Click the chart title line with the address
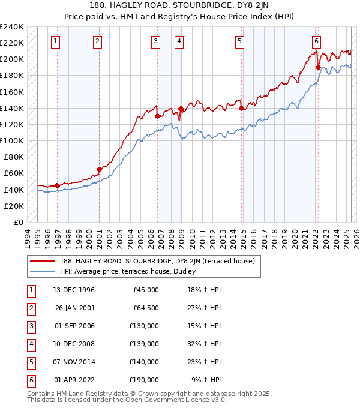pyautogui.click(x=180, y=5)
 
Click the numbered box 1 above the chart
pyautogui.click(x=55, y=41)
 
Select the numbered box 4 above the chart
pyautogui.click(x=179, y=41)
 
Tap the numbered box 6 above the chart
pyautogui.click(x=316, y=41)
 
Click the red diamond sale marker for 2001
pyautogui.click(x=99, y=169)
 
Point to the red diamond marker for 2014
pyautogui.click(x=241, y=108)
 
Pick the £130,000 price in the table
pyautogui.click(x=143, y=326)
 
